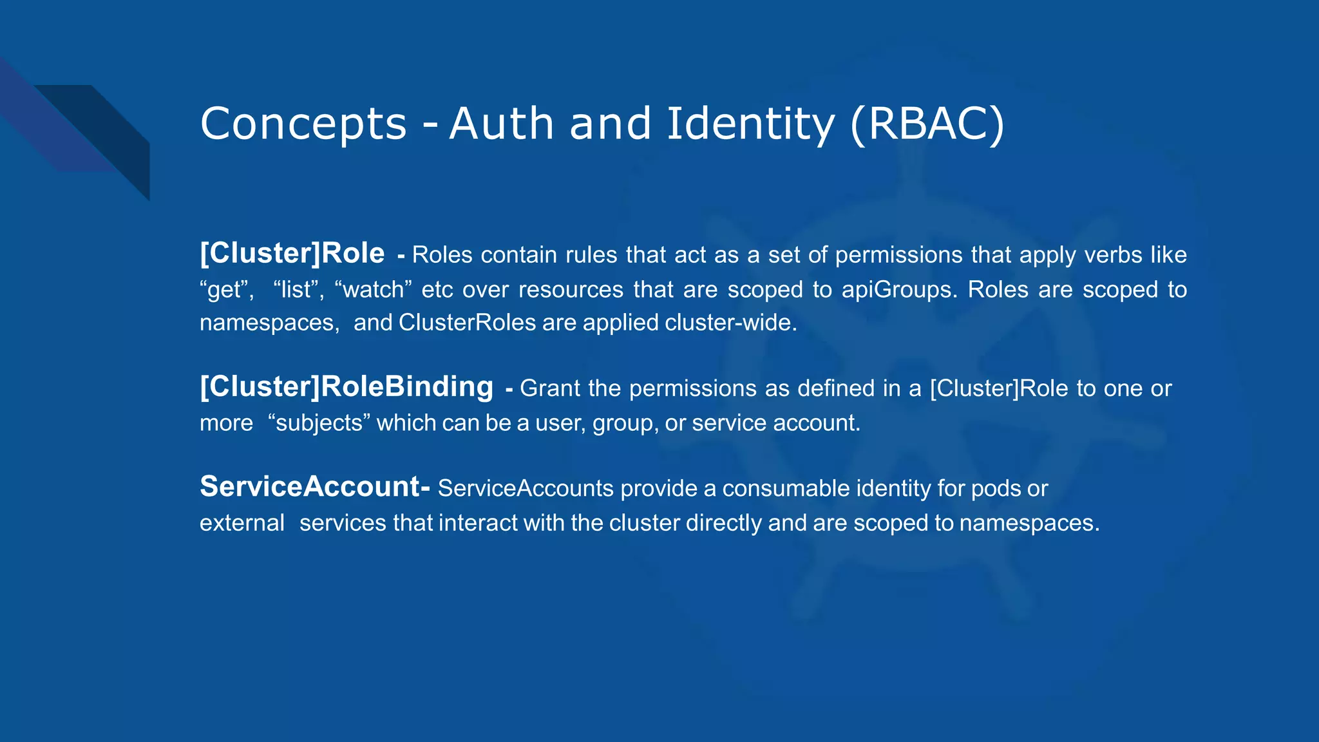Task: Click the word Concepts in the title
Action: coord(303,124)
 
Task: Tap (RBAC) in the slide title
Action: coord(927,124)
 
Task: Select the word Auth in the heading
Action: coord(501,124)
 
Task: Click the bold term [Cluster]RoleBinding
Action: coord(346,386)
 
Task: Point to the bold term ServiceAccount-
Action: coord(314,486)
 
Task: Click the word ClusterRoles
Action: coord(467,323)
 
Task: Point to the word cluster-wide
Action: coord(730,323)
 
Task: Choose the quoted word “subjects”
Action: coord(319,423)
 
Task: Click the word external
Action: coord(242,523)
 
